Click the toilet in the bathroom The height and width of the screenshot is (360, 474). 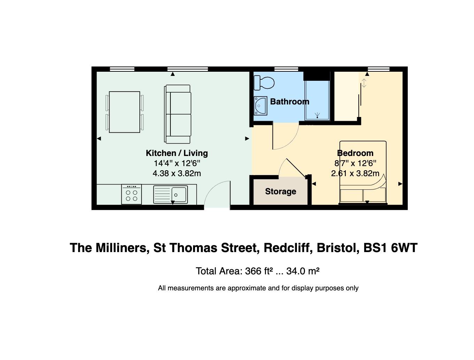click(264, 83)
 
